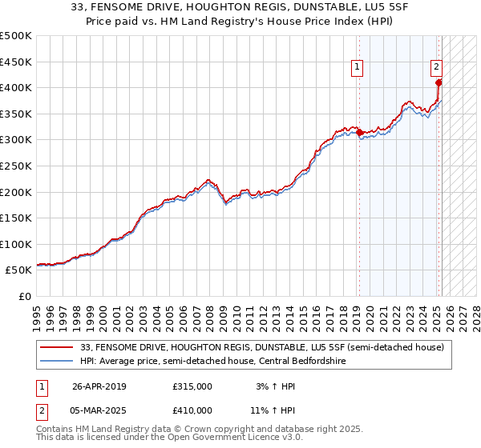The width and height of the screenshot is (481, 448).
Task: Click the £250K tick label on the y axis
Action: click(16, 166)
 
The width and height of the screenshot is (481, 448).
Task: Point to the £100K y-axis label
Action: click(16, 244)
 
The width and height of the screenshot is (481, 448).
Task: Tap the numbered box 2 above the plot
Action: click(437, 68)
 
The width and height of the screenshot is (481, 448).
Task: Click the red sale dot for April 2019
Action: click(359, 132)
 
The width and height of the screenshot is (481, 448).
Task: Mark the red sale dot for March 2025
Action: click(439, 82)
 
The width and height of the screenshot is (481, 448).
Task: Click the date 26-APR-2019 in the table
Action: click(99, 386)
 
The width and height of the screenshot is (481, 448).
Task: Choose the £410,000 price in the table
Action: click(192, 410)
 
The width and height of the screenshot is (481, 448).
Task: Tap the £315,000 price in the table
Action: click(192, 386)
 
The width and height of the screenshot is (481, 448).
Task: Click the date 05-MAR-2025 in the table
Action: click(99, 410)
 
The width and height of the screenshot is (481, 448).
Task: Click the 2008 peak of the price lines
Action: click(208, 181)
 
